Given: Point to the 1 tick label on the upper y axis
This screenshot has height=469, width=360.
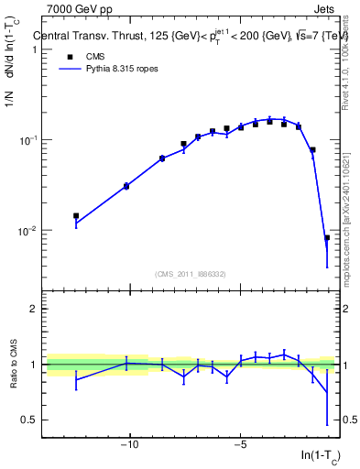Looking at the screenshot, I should (x=33, y=49).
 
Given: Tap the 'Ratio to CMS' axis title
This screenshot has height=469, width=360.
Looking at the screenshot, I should (x=13, y=365).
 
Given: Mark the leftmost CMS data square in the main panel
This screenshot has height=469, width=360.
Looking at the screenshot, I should (x=76, y=216).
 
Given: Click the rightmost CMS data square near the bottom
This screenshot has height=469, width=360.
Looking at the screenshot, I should (x=327, y=238).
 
